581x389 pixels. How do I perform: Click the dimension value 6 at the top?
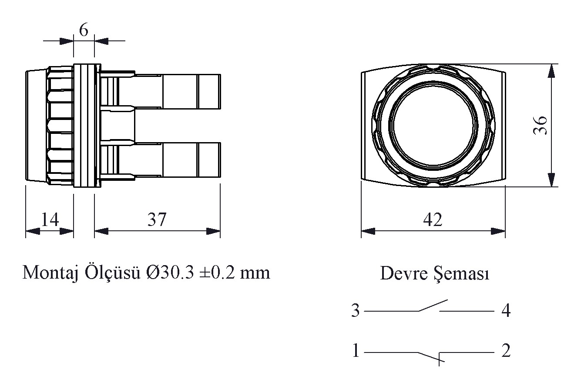point(84,30)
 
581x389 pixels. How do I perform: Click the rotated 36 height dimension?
point(540,126)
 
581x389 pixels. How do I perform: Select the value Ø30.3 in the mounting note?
point(169,273)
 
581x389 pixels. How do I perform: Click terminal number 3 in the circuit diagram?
point(356,311)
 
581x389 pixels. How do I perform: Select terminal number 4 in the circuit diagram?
point(505,311)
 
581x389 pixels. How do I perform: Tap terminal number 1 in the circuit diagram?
point(356,351)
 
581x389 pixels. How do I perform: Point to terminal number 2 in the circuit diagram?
point(505,351)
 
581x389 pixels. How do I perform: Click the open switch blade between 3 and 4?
point(433,305)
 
